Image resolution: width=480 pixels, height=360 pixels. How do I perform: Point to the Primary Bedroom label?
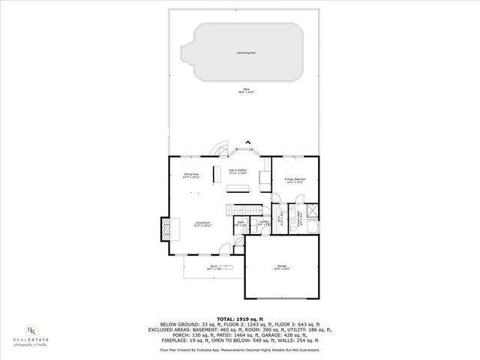[x=294, y=180]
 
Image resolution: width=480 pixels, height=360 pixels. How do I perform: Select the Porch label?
[x=214, y=268]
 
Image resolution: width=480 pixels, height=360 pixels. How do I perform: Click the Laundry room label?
[x=264, y=223]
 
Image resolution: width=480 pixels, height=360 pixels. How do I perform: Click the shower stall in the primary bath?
[x=311, y=211]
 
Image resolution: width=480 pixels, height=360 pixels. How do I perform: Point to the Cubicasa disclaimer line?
[x=239, y=349]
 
